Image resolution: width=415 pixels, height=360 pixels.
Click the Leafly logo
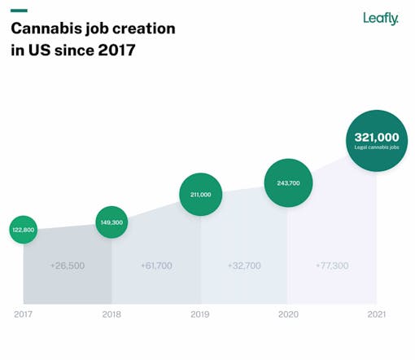pos(381,18)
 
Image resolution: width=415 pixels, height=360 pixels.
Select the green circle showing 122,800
pos(24,230)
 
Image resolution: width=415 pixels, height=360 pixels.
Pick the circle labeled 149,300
pos(111,222)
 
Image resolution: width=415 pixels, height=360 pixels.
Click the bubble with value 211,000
pos(200,195)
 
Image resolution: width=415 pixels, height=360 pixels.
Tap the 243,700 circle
pos(288,183)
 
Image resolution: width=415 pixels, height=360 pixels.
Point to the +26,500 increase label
pos(66,266)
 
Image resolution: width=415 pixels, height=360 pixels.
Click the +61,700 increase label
pos(156,266)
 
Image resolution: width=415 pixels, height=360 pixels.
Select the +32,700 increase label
pos(244,266)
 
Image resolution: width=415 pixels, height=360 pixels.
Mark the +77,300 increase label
pos(332,266)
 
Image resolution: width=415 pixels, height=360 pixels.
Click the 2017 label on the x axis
pos(24,314)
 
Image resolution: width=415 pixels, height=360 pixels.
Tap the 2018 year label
pos(111,314)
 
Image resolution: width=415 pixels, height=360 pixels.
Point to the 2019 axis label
pos(200,314)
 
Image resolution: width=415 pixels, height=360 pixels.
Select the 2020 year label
pos(288,314)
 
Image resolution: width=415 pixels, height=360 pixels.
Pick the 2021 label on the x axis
pos(376,314)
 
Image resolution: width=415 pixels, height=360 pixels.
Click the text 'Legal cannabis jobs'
pos(376,148)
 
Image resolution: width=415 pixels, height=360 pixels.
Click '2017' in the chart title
pos(116,50)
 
